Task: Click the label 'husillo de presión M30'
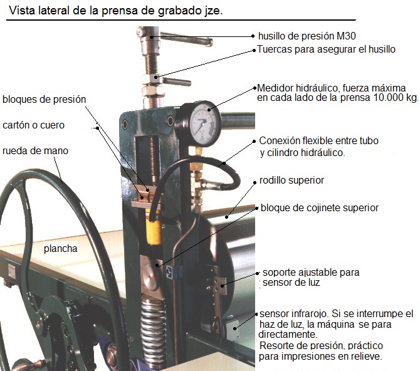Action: click(x=307, y=36)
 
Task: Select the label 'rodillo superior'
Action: click(x=291, y=180)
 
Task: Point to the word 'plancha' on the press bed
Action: click(x=61, y=249)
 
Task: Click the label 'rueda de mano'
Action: click(x=35, y=151)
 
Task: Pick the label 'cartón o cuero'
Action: click(x=33, y=125)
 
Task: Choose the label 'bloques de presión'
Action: click(x=45, y=100)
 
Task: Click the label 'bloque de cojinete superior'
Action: click(x=320, y=208)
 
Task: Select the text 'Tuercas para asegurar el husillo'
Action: click(x=326, y=50)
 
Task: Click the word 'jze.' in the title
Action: click(x=213, y=11)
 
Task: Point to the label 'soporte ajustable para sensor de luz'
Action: click(x=311, y=277)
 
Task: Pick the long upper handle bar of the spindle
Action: click(x=187, y=39)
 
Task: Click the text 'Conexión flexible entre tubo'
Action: click(x=318, y=140)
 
